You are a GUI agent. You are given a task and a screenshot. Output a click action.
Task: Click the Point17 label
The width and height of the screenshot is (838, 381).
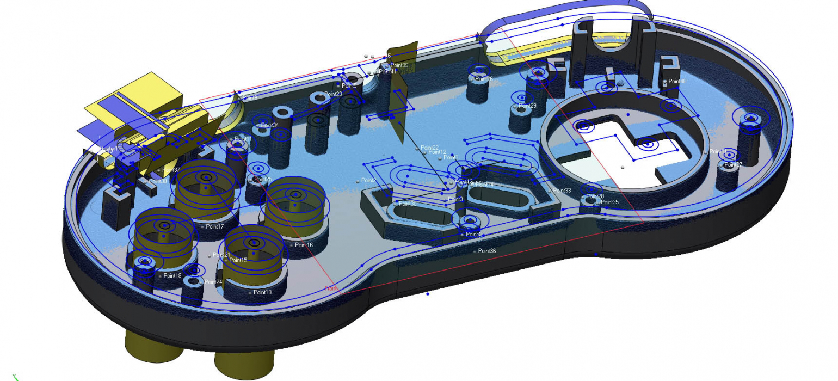(x=215, y=226)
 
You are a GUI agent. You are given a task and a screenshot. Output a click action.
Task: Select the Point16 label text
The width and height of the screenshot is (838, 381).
(x=304, y=245)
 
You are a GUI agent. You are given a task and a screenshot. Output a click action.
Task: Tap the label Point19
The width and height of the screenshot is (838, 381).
(x=262, y=292)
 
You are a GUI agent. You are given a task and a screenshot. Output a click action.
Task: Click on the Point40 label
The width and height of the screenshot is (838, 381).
(x=677, y=81)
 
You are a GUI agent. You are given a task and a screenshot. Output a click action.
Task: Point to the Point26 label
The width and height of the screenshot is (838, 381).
(x=484, y=79)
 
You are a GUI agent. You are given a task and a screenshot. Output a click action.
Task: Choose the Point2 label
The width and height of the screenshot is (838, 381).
(x=369, y=180)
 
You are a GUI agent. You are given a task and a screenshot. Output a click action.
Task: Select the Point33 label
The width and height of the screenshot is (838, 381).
(x=562, y=190)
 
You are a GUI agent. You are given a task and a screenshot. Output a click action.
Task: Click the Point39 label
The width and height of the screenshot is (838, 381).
(x=399, y=65)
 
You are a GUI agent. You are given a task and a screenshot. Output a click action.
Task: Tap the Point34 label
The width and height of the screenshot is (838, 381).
(x=270, y=125)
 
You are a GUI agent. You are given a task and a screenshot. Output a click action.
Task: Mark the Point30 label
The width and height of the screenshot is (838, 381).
(x=408, y=204)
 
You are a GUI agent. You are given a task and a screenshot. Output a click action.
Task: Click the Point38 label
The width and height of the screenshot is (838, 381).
(x=158, y=181)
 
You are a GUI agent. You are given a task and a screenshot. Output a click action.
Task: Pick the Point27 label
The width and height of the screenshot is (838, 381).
(x=733, y=164)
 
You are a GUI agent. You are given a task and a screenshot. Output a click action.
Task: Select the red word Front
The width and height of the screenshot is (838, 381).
(x=331, y=288)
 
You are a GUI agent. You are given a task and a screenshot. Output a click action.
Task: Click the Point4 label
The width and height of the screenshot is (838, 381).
(x=473, y=234)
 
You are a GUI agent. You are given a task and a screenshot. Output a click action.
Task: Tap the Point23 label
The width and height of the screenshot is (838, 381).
(x=333, y=94)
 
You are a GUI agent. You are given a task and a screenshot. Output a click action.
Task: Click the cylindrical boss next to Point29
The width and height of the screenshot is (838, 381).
(x=520, y=117)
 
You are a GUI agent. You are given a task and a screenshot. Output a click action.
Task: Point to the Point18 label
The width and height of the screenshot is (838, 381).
(x=172, y=276)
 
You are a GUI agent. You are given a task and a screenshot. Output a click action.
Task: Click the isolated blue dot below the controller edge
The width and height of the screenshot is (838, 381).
(x=428, y=294)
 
